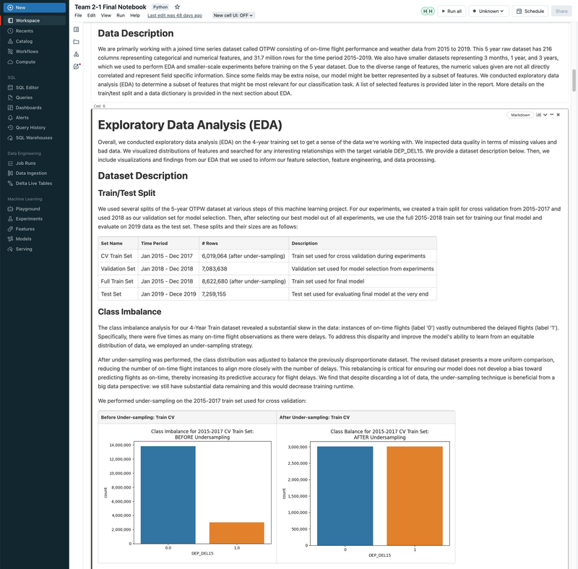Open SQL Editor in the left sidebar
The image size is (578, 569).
(27, 87)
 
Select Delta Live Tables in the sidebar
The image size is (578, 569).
(33, 183)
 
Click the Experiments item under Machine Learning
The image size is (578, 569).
(29, 218)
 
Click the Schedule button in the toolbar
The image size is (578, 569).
(530, 12)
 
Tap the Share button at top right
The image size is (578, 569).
(561, 12)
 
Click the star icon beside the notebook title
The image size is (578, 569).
(178, 7)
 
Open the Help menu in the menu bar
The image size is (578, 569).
(135, 15)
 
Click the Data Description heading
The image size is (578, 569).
(135, 33)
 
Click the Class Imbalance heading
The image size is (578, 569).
(129, 312)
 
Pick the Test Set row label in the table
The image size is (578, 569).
(111, 294)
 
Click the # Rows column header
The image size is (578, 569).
(210, 244)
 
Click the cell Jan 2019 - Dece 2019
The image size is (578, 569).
(168, 294)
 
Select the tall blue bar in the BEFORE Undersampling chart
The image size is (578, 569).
(168, 495)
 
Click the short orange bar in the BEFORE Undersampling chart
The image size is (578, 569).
(236, 532)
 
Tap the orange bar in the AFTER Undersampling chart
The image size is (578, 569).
(415, 495)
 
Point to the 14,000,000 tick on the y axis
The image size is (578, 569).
(119, 445)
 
